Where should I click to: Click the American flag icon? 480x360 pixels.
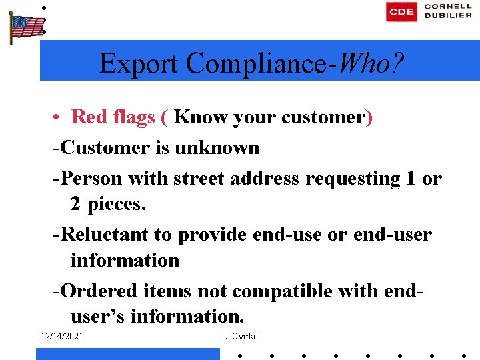(26, 27)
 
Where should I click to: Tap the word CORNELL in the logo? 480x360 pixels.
(448, 7)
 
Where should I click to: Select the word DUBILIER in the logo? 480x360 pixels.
(448, 16)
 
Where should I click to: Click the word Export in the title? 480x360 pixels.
(139, 63)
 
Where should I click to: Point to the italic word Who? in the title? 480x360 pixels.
(371, 63)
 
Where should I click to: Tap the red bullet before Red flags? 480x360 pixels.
(59, 117)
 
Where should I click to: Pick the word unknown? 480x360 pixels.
(217, 147)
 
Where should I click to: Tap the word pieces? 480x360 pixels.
(117, 204)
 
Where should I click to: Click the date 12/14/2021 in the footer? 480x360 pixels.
(61, 337)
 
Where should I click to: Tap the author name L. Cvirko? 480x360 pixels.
(239, 337)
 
